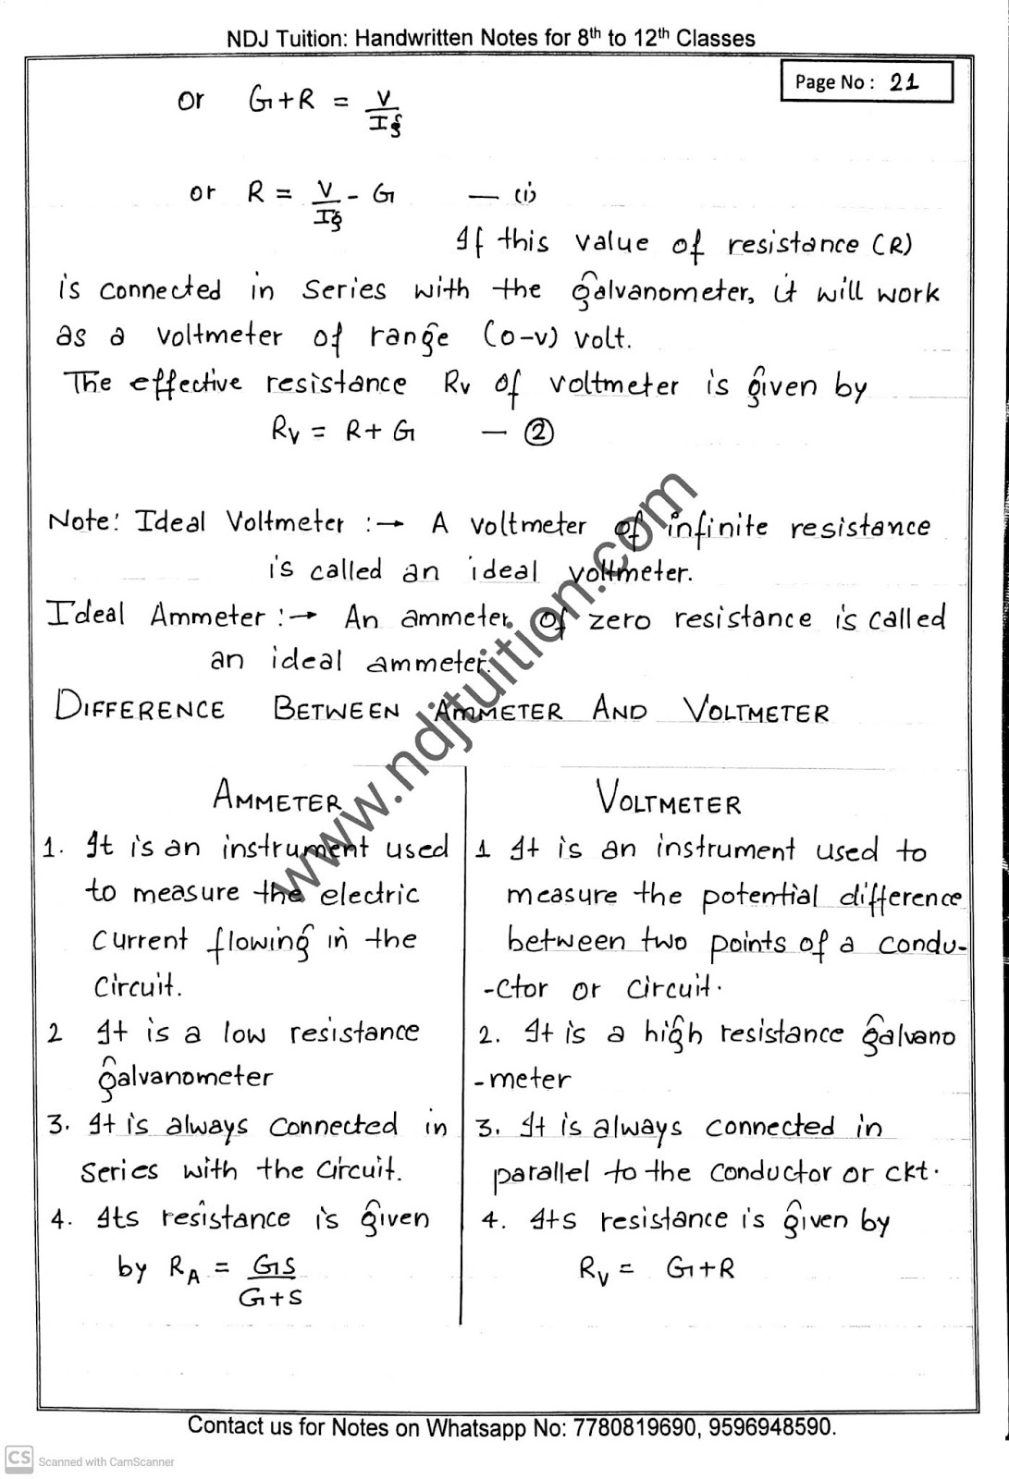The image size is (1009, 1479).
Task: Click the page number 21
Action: (x=904, y=81)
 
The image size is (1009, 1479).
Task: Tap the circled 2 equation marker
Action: (x=538, y=432)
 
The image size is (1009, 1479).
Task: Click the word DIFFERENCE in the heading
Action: (x=140, y=708)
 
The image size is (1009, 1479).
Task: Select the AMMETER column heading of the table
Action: (x=277, y=798)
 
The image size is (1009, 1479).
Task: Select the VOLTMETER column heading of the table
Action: (x=668, y=800)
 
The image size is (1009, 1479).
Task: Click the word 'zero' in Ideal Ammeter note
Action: (x=619, y=618)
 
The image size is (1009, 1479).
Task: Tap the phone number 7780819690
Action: (x=635, y=1427)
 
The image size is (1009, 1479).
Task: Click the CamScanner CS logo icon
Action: (x=18, y=1459)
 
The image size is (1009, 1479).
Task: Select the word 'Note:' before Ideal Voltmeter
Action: (x=83, y=522)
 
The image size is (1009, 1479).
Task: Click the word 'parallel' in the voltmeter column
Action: (x=541, y=1173)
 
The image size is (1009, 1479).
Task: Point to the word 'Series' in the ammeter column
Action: (x=119, y=1172)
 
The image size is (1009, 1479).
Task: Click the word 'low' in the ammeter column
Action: (x=244, y=1033)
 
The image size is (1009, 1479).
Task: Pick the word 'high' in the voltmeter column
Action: (x=672, y=1034)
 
